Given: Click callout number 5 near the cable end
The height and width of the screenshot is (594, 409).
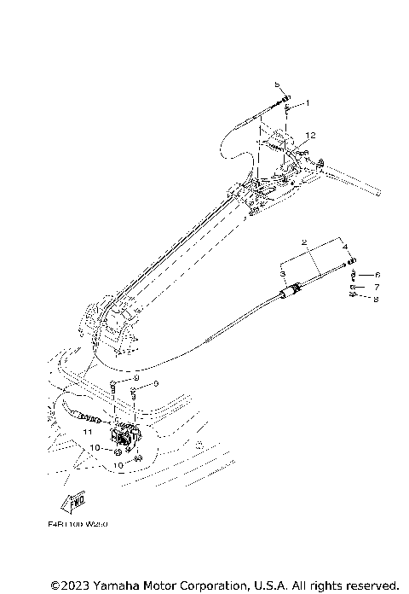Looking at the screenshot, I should [277, 85].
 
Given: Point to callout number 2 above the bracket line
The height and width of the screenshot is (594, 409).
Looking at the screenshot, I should [302, 242].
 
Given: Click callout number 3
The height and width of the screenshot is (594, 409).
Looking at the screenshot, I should [283, 271].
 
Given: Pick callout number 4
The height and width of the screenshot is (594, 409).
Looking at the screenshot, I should [345, 247].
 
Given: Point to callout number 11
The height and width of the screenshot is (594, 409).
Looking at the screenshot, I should [87, 434].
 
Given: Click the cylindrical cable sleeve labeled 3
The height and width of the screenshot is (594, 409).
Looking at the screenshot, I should [291, 292].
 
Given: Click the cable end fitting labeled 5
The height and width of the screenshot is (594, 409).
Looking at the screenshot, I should [285, 99].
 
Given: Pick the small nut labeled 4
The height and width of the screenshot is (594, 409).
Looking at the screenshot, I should [351, 261].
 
